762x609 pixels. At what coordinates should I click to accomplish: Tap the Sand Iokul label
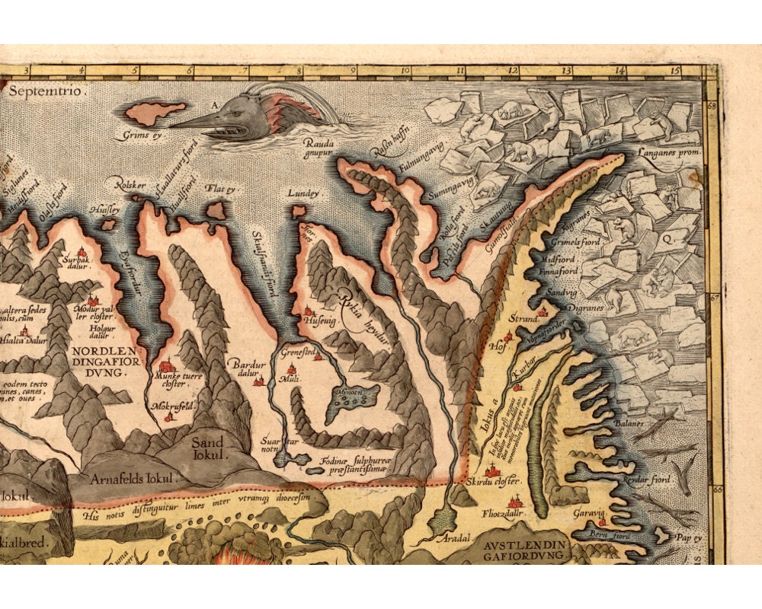pyautogui.click(x=207, y=448)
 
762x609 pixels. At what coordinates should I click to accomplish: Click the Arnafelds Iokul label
pyautogui.click(x=133, y=479)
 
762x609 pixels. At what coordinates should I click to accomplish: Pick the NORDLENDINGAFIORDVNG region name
pyautogui.click(x=106, y=356)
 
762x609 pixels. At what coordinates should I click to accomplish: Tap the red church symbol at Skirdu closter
pyautogui.click(x=492, y=470)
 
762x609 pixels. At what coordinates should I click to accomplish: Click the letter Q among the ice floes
pyautogui.click(x=665, y=237)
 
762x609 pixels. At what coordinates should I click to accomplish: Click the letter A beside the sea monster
pyautogui.click(x=216, y=104)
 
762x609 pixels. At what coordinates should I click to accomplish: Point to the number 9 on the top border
pyautogui.click(x=353, y=72)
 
